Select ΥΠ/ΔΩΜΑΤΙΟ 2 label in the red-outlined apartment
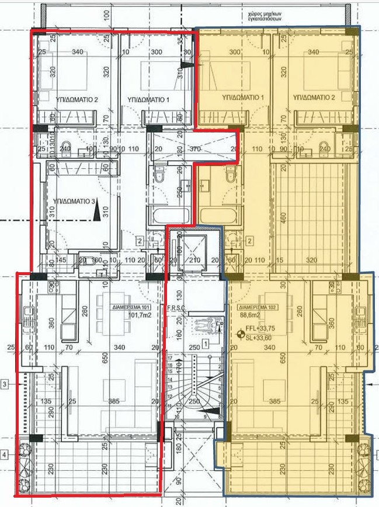tap(77, 99)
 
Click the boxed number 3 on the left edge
tap(5, 384)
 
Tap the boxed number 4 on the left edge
tap(5, 454)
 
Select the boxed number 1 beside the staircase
tap(205, 343)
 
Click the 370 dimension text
tap(194, 150)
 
